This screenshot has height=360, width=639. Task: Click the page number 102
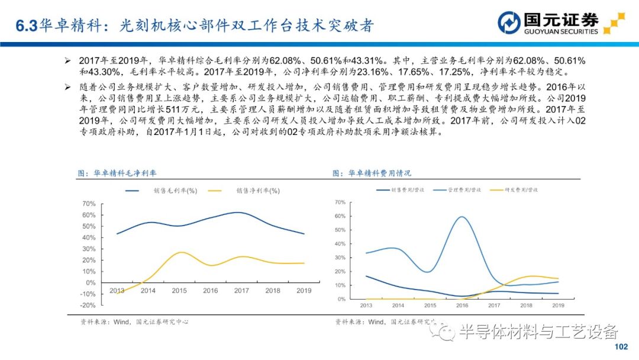(621, 347)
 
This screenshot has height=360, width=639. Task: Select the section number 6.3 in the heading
(26, 25)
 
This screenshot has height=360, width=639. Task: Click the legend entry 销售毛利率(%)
(175, 191)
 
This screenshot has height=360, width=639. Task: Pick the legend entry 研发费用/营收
(521, 190)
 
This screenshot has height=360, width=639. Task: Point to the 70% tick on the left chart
(88, 204)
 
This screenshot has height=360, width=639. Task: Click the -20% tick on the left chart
(87, 306)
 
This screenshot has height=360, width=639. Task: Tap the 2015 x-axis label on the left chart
(179, 291)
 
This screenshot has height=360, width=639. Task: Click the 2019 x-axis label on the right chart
(558, 306)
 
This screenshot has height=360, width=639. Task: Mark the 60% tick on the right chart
(340, 216)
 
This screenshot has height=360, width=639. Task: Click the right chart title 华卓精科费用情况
(380, 173)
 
